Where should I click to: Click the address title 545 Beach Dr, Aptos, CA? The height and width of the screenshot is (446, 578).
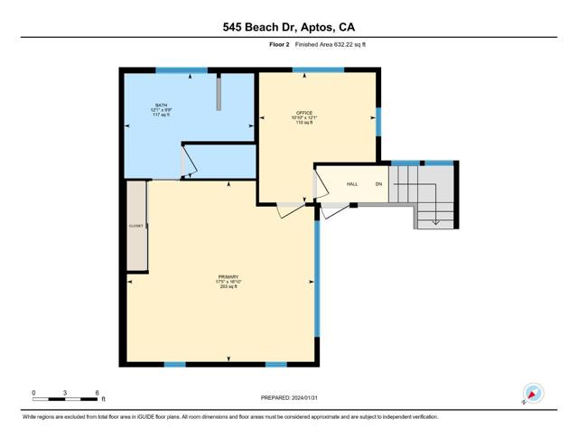click(288, 28)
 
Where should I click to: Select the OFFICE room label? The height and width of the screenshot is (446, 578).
click(303, 113)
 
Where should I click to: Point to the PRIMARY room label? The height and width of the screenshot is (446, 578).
click(228, 276)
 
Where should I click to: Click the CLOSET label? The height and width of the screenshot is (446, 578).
click(136, 226)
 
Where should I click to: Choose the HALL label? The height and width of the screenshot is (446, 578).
click(352, 184)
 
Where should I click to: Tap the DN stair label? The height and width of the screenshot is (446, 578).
click(379, 184)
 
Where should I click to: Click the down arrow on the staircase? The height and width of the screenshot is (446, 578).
click(436, 218)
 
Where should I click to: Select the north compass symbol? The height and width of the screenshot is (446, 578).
click(532, 394)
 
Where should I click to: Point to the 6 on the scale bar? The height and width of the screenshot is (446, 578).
click(97, 393)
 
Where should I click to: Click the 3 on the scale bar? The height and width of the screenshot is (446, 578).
click(65, 393)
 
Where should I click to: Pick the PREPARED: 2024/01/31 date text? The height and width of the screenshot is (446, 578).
click(289, 397)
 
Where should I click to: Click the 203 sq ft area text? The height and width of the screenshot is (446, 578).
click(228, 287)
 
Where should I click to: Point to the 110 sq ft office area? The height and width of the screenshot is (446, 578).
click(303, 123)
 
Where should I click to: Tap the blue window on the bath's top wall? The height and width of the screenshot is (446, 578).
click(182, 70)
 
